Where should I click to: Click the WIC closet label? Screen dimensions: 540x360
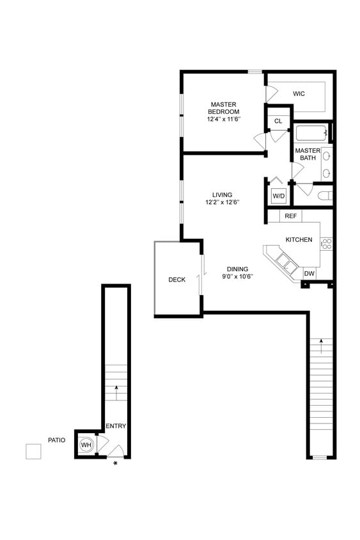(x=299, y=94)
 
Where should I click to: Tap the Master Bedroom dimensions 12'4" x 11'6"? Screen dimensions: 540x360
(x=223, y=120)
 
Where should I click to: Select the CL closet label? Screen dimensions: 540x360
(x=278, y=121)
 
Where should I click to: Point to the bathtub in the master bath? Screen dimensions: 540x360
(x=311, y=134)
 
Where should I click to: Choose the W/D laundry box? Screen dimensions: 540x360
(x=278, y=195)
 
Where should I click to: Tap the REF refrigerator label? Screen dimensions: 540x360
(x=291, y=217)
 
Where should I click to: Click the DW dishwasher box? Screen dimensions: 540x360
(x=309, y=274)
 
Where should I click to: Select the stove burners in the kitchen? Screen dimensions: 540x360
(x=326, y=243)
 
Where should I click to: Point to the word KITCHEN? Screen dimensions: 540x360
(x=299, y=240)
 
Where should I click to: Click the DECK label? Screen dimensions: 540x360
(x=177, y=280)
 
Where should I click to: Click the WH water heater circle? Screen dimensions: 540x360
(x=86, y=445)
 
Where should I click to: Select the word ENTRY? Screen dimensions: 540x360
(x=116, y=427)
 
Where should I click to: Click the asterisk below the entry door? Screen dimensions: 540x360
(x=115, y=464)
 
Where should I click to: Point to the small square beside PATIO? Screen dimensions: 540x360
(x=33, y=451)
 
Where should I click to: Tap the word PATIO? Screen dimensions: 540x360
(x=56, y=440)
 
